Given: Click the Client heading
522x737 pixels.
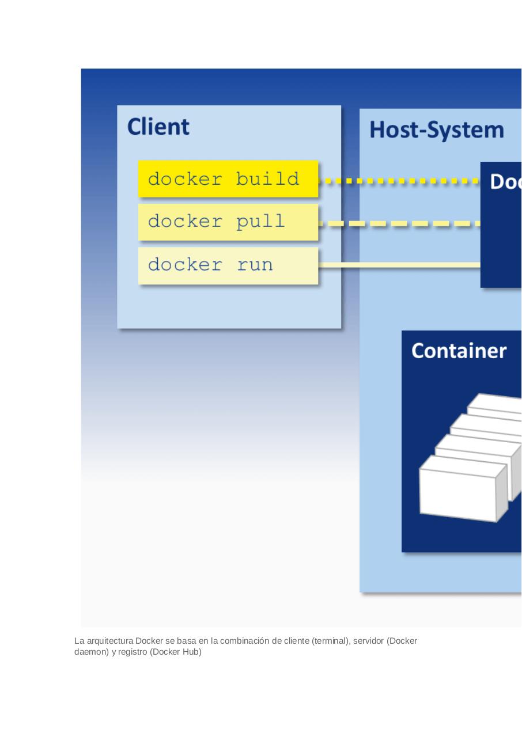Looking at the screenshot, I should [158, 127].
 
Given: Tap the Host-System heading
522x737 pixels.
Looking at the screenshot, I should [436, 130].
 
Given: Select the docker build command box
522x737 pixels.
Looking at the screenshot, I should [228, 179].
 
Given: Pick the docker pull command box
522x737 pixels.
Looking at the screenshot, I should [228, 222].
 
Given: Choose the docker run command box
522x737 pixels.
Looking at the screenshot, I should [228, 265].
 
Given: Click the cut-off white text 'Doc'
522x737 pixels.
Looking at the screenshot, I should [505, 182].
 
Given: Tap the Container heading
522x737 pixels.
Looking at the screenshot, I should [459, 351].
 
